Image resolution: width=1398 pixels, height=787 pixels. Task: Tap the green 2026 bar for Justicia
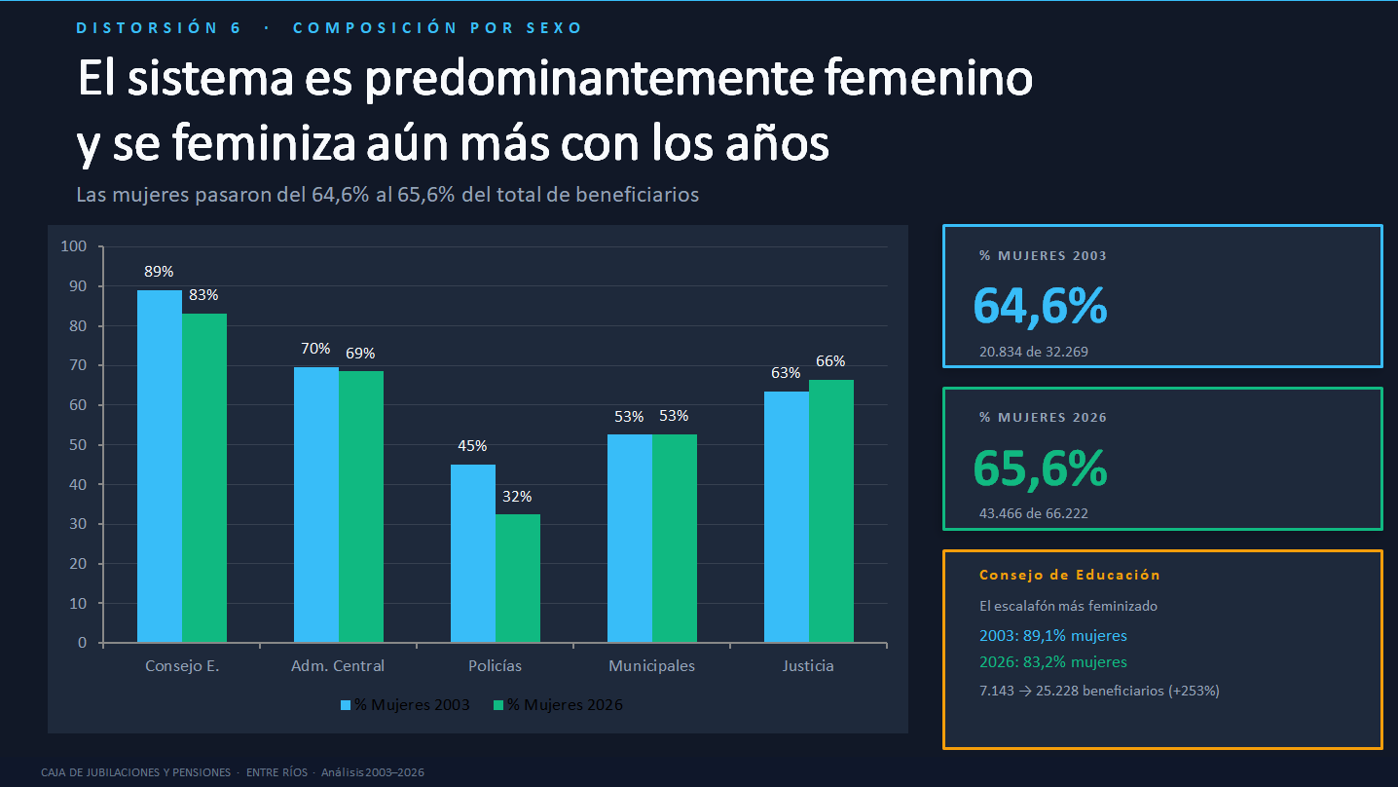pyautogui.click(x=830, y=510)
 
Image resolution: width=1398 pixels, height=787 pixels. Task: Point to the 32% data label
pyautogui.click(x=517, y=497)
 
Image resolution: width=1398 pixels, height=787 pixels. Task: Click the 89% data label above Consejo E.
pyautogui.click(x=159, y=272)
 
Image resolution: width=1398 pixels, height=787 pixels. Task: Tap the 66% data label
pyautogui.click(x=830, y=361)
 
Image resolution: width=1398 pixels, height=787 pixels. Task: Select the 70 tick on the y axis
pyautogui.click(x=78, y=365)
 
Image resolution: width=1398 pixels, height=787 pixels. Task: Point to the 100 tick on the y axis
pyautogui.click(x=75, y=246)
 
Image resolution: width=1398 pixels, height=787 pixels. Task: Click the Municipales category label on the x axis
pyautogui.click(x=651, y=666)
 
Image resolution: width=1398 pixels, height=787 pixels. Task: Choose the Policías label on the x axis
pyautogui.click(x=495, y=666)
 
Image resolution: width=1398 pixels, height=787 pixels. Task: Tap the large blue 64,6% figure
pyautogui.click(x=1040, y=306)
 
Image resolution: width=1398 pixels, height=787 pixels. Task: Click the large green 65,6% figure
pyautogui.click(x=1040, y=468)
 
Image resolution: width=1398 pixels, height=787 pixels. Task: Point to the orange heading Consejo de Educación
pyautogui.click(x=1069, y=575)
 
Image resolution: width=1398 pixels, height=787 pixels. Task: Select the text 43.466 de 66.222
pyautogui.click(x=1034, y=513)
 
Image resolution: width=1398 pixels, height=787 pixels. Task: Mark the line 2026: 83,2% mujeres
pyautogui.click(x=1052, y=662)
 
